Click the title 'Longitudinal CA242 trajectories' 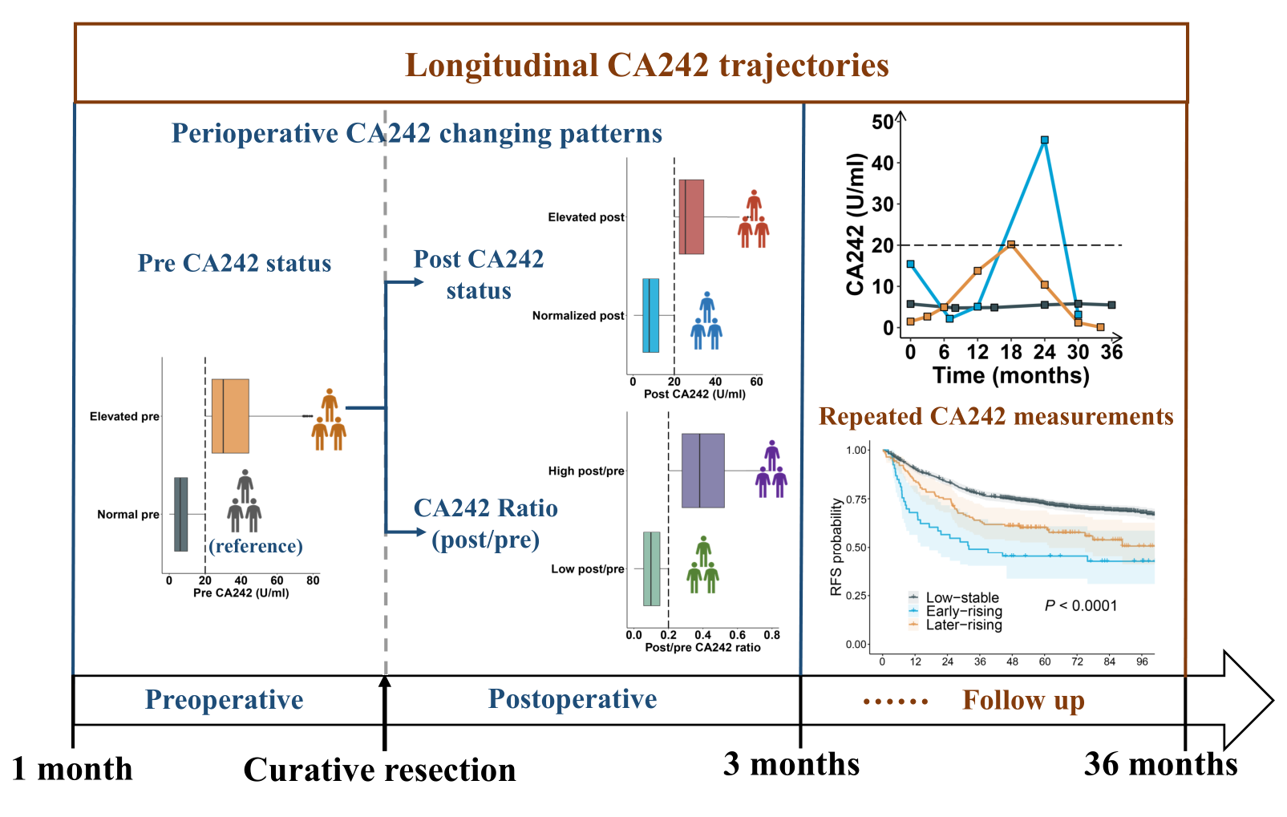(646, 66)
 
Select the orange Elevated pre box (230, 416)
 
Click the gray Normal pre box (181, 514)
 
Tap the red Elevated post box (691, 217)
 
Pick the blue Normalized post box (650, 316)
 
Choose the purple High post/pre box (702, 471)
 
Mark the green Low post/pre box (652, 568)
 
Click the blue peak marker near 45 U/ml (1044, 140)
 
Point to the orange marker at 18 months (1011, 245)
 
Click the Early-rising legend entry (963, 611)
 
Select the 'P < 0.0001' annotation (1080, 605)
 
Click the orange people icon (329, 419)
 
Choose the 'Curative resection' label (379, 770)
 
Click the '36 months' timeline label (1160, 764)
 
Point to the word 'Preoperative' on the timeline (224, 699)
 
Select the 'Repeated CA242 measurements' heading (996, 416)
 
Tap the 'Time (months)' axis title (1010, 375)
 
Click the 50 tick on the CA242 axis (882, 122)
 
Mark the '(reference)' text (256, 546)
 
